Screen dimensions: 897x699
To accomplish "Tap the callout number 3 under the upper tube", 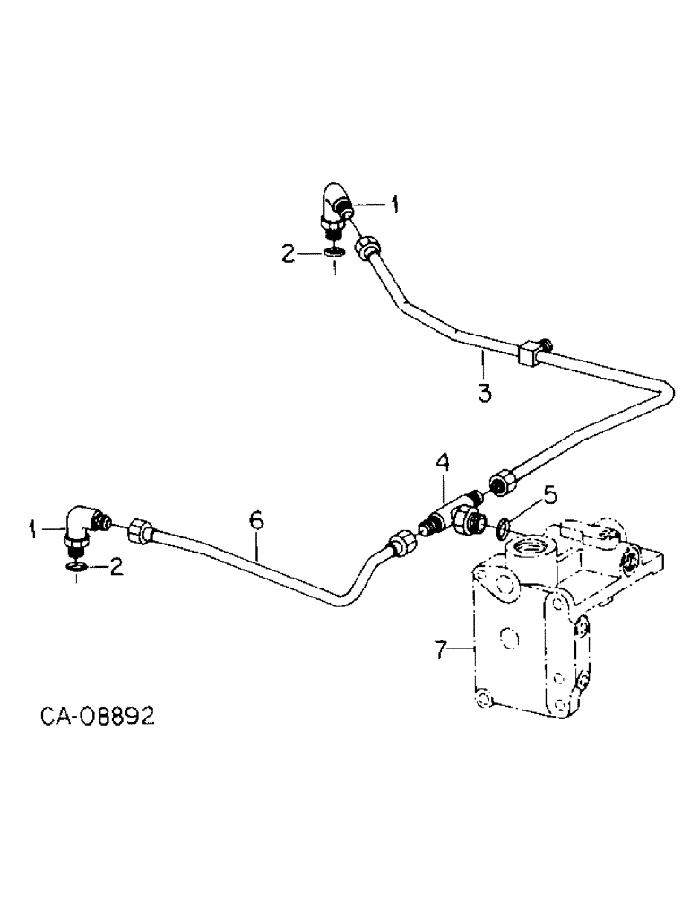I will (484, 392).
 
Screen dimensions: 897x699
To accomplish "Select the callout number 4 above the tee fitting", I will (443, 463).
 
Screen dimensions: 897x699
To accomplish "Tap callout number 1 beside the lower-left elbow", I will (35, 530).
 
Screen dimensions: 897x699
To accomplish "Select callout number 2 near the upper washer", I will (289, 255).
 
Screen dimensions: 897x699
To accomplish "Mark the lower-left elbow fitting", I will (79, 529).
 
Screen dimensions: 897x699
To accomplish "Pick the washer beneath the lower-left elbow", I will (78, 565).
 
